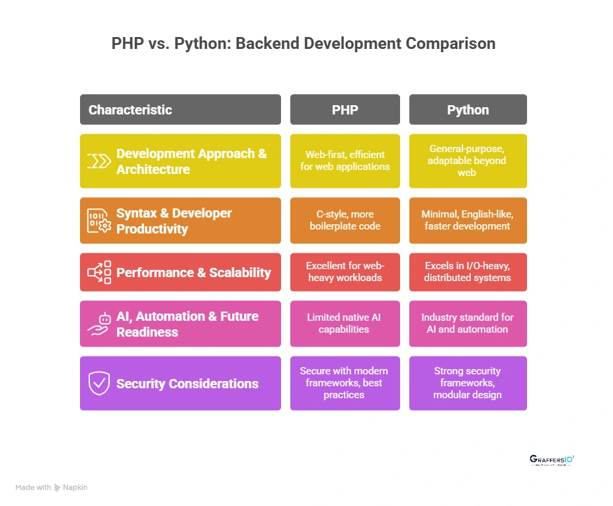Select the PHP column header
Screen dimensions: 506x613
click(345, 110)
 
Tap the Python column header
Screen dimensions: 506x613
click(468, 110)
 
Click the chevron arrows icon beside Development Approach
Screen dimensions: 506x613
click(99, 161)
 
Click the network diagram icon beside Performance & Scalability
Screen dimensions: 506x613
click(99, 273)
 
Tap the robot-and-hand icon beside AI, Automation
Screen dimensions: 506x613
click(99, 323)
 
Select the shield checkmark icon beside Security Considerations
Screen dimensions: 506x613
click(99, 383)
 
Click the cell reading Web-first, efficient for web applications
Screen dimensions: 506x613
click(345, 161)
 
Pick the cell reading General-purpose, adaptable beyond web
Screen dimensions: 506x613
click(468, 161)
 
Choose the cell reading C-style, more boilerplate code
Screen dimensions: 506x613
click(345, 221)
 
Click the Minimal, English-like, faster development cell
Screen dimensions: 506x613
click(468, 221)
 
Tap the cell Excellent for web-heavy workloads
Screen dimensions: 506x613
click(345, 272)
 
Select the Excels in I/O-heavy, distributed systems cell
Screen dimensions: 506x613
click(468, 272)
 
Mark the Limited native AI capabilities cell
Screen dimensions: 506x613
click(345, 323)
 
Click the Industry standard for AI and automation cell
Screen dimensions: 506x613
click(468, 323)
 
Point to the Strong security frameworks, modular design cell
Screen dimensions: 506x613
click(468, 383)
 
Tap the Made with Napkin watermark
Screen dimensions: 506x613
click(51, 487)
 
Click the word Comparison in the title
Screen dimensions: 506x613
click(450, 44)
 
